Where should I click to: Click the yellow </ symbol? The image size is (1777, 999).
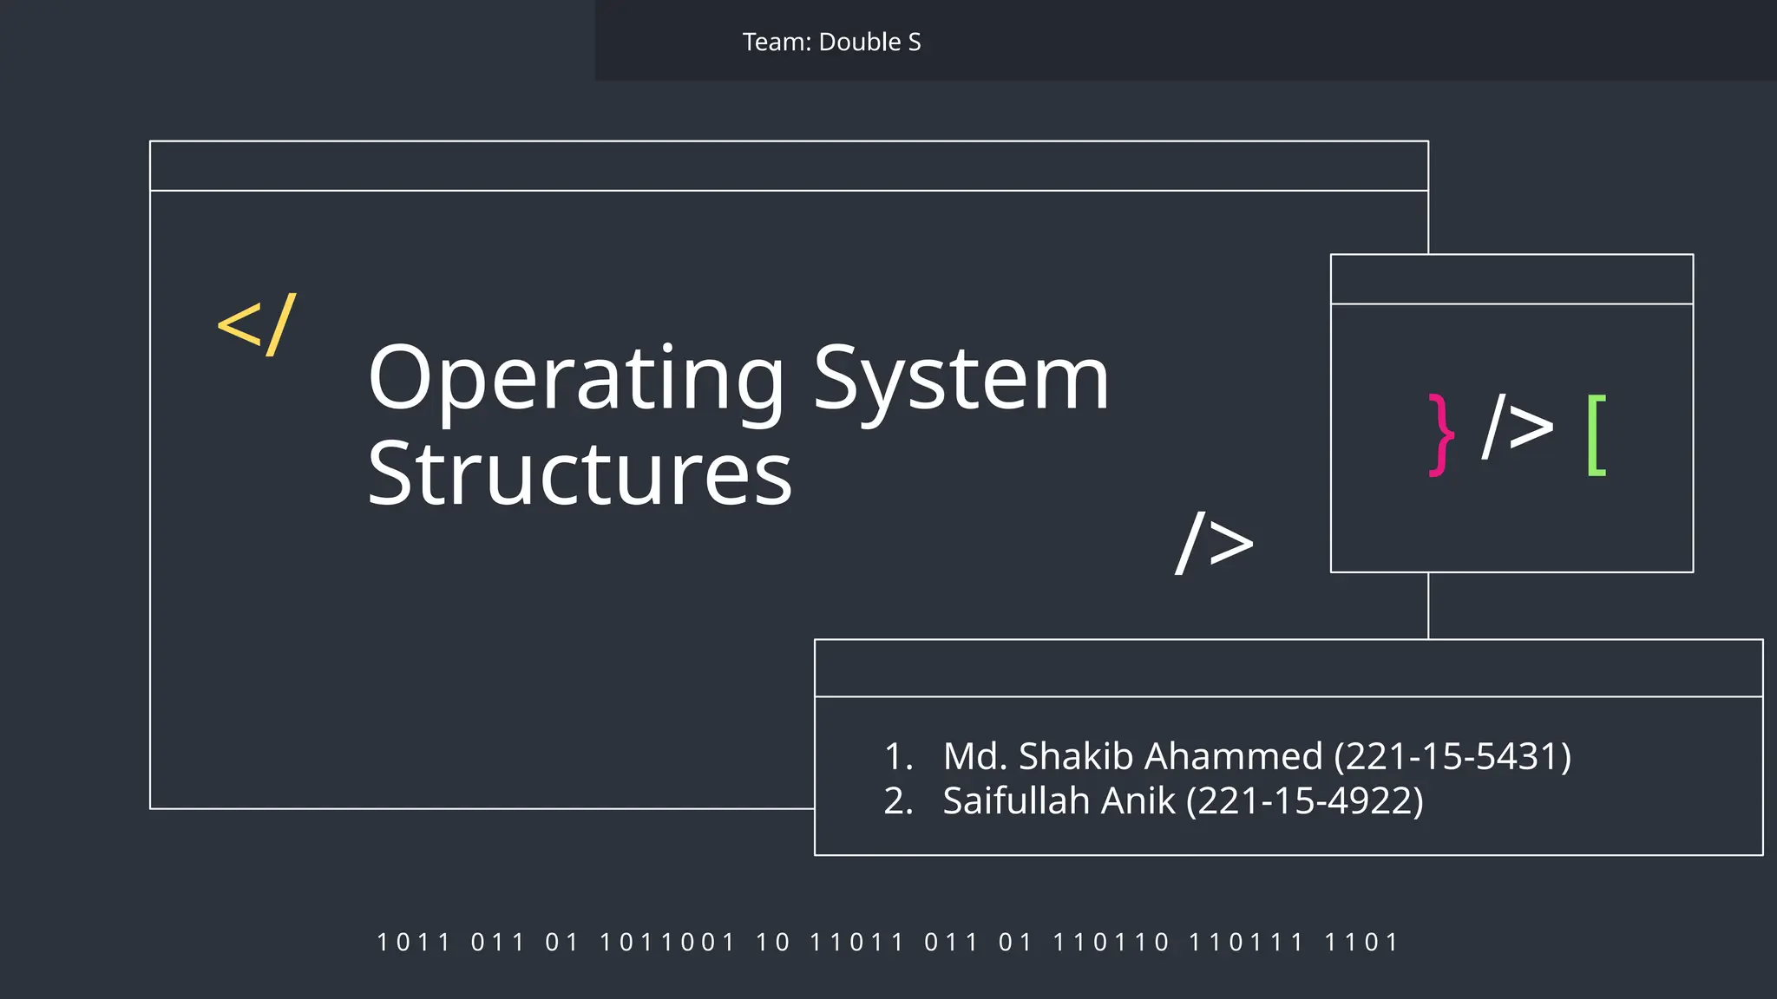coord(257,325)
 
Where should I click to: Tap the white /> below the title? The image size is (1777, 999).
coord(1215,544)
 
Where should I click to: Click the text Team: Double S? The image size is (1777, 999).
coord(831,42)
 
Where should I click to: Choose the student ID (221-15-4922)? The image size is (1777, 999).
coord(1305,800)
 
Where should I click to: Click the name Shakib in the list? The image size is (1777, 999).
coord(1076,756)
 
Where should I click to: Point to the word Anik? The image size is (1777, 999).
coord(1138,800)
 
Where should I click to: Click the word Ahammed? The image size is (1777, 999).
coord(1232,756)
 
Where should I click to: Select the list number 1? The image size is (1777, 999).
coord(897,756)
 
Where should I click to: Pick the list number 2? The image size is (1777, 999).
coord(897,800)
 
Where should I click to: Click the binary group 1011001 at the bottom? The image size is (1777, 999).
coord(667,942)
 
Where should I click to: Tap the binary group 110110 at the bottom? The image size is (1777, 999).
coord(1111,942)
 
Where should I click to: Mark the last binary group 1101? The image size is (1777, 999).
coord(1361,942)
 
